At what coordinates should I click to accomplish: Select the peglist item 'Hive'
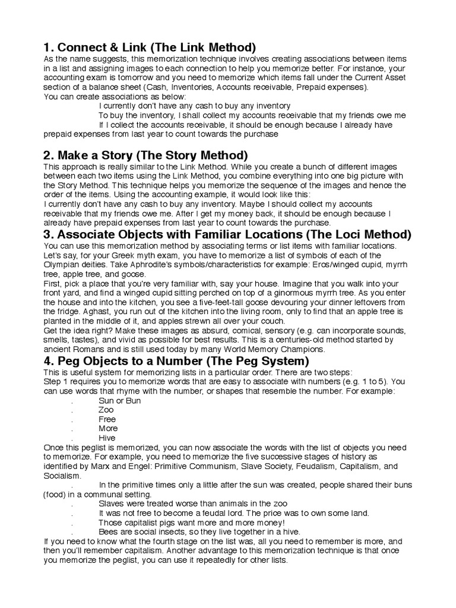click(107, 438)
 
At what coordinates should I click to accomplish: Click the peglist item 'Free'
click(107, 419)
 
